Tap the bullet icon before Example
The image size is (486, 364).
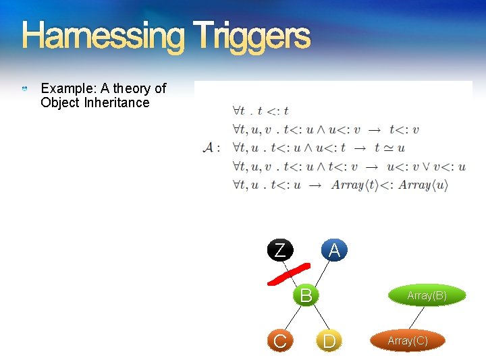tap(25, 89)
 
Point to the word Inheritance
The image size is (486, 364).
tap(117, 102)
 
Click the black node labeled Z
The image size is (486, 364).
tap(279, 250)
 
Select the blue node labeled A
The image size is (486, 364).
tap(333, 250)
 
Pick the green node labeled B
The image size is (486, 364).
tap(306, 295)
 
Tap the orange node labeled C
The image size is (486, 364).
tap(279, 341)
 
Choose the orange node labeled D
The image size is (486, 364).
tap(329, 341)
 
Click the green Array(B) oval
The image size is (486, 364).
tap(427, 295)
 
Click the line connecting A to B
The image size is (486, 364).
tap(320, 272)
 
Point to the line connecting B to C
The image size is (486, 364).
tap(293, 317)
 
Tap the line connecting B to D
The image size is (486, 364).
tap(317, 318)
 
